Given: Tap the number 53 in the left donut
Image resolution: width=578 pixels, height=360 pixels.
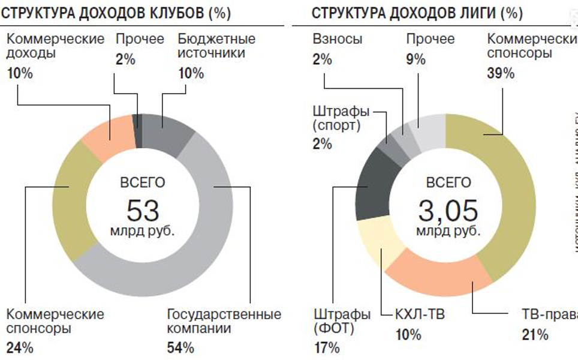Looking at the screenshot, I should pyautogui.click(x=143, y=211).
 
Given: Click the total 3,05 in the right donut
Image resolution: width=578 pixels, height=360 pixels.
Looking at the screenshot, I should pyautogui.click(x=448, y=210).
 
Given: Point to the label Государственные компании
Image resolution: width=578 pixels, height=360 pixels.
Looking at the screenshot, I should pyautogui.click(x=224, y=321).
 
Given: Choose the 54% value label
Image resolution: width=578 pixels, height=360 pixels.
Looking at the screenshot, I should pyautogui.click(x=180, y=347).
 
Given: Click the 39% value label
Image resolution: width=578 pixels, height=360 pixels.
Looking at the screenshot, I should pyautogui.click(x=501, y=73).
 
